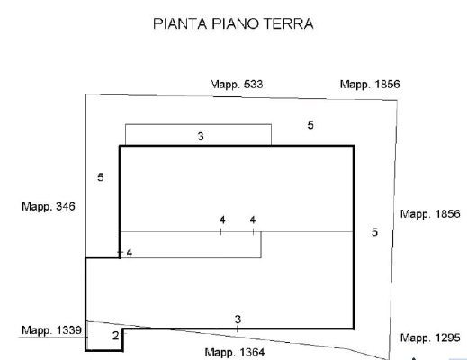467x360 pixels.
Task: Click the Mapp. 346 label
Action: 49,207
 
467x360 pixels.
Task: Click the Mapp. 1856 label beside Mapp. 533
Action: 370,85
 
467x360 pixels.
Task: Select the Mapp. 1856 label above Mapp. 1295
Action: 430,214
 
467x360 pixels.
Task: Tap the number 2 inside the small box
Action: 116,336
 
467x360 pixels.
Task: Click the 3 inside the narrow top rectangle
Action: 201,137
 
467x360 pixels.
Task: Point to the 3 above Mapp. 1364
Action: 238,319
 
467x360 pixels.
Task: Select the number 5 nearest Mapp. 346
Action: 101,177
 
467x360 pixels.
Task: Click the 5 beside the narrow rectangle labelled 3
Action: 310,125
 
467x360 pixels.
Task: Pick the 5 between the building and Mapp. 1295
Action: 374,232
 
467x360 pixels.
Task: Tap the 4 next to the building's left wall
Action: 130,254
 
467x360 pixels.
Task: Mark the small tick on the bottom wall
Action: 238,328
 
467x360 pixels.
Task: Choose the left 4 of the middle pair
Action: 222,220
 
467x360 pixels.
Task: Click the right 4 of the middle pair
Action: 253,220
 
